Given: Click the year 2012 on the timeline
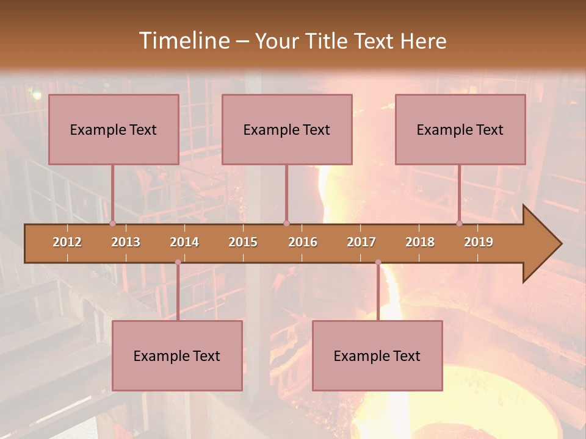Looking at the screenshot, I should [67, 242].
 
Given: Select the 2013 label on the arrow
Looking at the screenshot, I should [126, 242].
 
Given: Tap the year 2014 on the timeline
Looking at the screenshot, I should [184, 242].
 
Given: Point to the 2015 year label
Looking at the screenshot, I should [243, 242].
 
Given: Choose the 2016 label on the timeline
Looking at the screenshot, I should [303, 242].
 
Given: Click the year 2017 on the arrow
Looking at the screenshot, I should [361, 242].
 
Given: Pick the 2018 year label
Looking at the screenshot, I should [420, 242].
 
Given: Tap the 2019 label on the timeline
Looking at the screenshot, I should [479, 242].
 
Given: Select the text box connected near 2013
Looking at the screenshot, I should [114, 129].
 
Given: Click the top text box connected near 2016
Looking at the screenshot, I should [287, 129].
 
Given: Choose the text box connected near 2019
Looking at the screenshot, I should [460, 129].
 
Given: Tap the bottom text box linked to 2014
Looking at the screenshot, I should [177, 355].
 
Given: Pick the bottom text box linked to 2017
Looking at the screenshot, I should [377, 355].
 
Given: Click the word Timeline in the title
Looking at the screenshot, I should [183, 41].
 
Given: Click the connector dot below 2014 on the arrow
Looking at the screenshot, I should [178, 262].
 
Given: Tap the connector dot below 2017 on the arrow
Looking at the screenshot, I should [378, 262].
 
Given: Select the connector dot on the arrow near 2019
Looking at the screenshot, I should [460, 224].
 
